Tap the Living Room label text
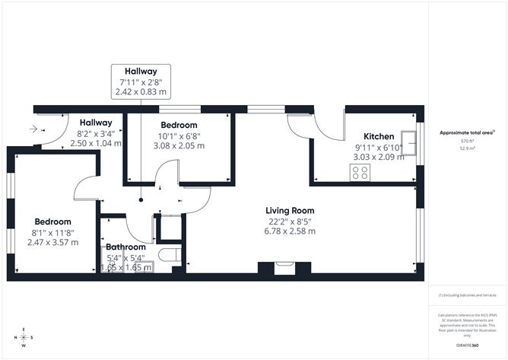tap(289, 211)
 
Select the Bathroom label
tap(126, 247)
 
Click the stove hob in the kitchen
tap(359, 174)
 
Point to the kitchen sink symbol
tap(410, 142)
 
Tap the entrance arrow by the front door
tap(33, 130)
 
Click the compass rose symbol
tap(24, 337)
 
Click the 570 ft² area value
tap(466, 142)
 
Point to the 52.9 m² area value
tap(466, 149)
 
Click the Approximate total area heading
tap(466, 132)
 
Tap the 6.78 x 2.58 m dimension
tap(289, 231)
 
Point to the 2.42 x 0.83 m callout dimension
tap(141, 91)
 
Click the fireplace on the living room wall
tap(284, 267)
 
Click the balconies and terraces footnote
tap(466, 295)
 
